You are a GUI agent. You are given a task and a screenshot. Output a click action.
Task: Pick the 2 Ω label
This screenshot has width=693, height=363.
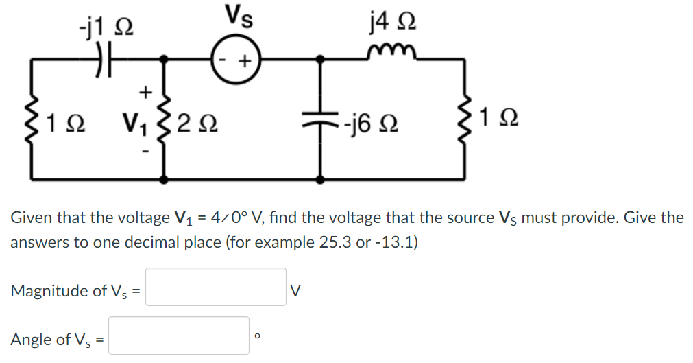tap(197, 124)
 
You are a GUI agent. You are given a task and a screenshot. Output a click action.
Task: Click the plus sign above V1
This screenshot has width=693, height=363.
tap(144, 91)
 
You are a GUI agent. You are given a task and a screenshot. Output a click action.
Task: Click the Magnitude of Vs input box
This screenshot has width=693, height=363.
tap(215, 287)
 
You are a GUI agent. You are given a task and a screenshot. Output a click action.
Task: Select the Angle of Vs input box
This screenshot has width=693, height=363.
tap(179, 336)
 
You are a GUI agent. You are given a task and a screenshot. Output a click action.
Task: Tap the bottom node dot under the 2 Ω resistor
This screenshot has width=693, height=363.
tap(164, 179)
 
